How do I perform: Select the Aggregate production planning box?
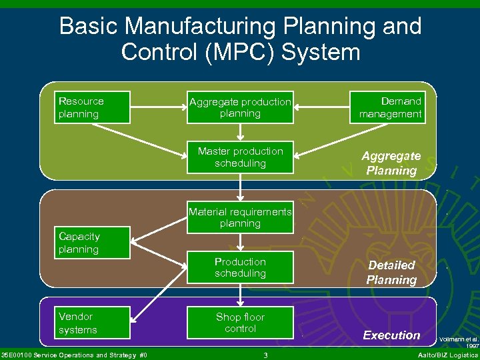[240, 108]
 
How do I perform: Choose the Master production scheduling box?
[240, 157]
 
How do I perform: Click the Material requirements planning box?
[240, 217]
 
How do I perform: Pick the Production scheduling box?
[240, 267]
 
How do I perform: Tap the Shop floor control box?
[240, 323]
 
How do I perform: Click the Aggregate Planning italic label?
[391, 163]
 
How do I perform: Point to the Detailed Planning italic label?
[391, 273]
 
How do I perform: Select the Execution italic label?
[391, 335]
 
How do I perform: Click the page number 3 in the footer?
[265, 355]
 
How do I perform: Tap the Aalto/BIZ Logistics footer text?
[447, 355]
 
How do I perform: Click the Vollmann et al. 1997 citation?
[459, 343]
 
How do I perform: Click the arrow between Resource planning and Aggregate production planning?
[158, 108]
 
